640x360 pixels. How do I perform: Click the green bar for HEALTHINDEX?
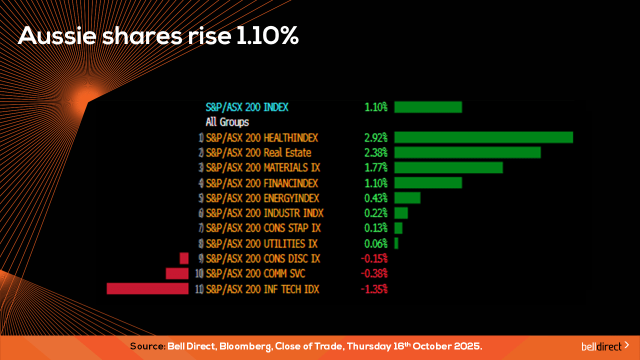[x=483, y=137]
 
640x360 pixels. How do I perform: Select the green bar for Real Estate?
[x=467, y=152]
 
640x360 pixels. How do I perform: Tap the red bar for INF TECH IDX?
[x=147, y=289]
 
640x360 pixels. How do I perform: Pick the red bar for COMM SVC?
[x=177, y=273]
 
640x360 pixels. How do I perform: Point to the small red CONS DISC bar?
[x=184, y=258]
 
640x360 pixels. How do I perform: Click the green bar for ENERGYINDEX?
[x=407, y=198]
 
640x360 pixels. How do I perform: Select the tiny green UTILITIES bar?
[x=396, y=243]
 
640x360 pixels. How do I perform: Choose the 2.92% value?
[x=376, y=137]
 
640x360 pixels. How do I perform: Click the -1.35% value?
[x=374, y=289]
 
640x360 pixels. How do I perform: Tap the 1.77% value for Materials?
[x=376, y=167]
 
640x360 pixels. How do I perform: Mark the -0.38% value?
[x=374, y=273]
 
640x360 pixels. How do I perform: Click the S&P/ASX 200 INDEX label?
[x=247, y=107]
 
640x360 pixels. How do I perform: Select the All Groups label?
[x=227, y=122]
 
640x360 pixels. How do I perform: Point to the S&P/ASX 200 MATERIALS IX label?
[x=263, y=167]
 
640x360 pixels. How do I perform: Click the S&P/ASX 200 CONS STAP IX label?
[x=263, y=228]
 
